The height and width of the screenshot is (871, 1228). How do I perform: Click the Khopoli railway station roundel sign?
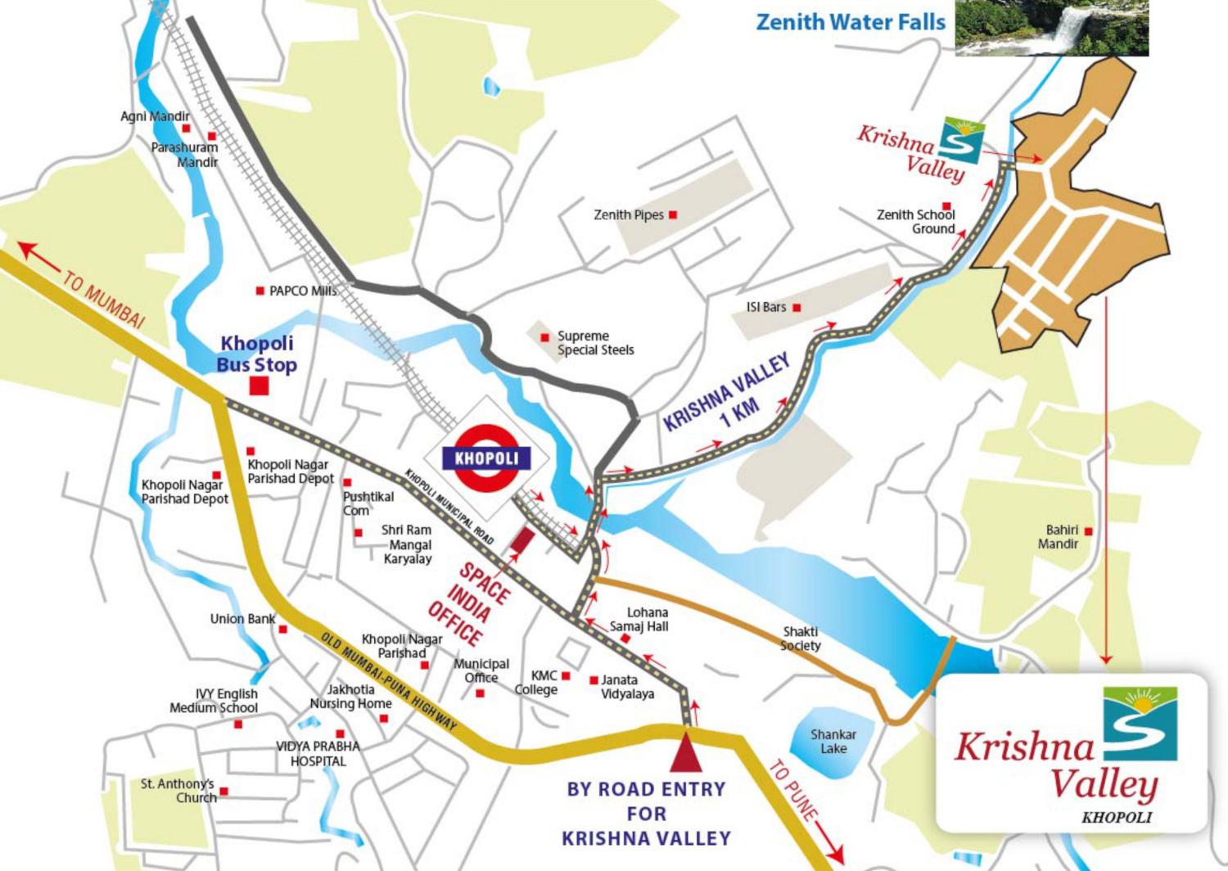coord(486,458)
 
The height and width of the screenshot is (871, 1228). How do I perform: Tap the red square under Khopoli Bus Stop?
coord(259,386)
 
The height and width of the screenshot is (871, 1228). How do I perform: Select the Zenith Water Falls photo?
coord(1051,28)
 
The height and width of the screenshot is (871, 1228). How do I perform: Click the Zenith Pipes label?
coord(628,215)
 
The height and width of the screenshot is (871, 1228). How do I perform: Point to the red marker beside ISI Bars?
coord(797,308)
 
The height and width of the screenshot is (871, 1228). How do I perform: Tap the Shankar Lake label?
coord(833,742)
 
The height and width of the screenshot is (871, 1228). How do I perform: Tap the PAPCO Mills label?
coord(302,291)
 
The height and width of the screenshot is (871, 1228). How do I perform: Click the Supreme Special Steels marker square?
coord(544,337)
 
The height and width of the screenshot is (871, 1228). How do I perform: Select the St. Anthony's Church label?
coord(178,791)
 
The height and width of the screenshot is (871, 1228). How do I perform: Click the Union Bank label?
coord(242,619)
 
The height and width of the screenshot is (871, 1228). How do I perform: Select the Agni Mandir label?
coord(155,117)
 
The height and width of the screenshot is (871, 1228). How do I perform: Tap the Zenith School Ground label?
coord(916,222)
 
